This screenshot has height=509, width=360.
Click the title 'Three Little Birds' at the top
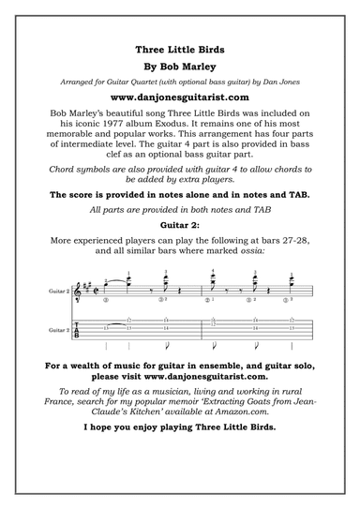click(x=180, y=48)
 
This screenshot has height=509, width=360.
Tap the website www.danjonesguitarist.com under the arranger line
click(x=180, y=97)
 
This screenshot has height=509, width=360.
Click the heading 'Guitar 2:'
click(x=180, y=227)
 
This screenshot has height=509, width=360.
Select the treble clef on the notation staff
click(x=78, y=292)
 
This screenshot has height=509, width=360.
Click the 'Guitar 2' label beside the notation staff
click(x=57, y=292)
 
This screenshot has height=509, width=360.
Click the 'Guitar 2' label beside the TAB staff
click(x=57, y=331)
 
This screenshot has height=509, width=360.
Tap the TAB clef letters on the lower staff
click(x=77, y=331)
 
